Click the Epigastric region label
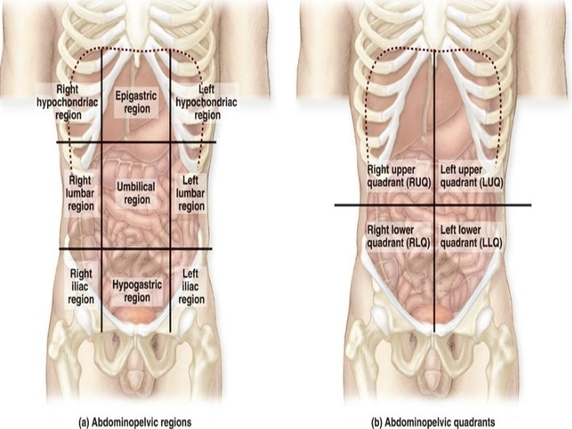(136, 101)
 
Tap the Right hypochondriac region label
(68, 102)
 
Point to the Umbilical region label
(136, 193)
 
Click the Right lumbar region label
(80, 193)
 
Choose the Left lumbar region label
(191, 193)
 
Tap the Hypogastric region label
(137, 290)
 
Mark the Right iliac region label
(80, 287)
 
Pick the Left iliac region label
(191, 287)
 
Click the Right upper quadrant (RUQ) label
(397, 176)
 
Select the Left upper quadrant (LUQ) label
(472, 176)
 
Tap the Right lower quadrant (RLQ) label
(397, 236)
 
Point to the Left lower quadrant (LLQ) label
(472, 236)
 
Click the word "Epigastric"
(136, 95)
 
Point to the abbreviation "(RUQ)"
(410, 182)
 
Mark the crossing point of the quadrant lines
(435, 205)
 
